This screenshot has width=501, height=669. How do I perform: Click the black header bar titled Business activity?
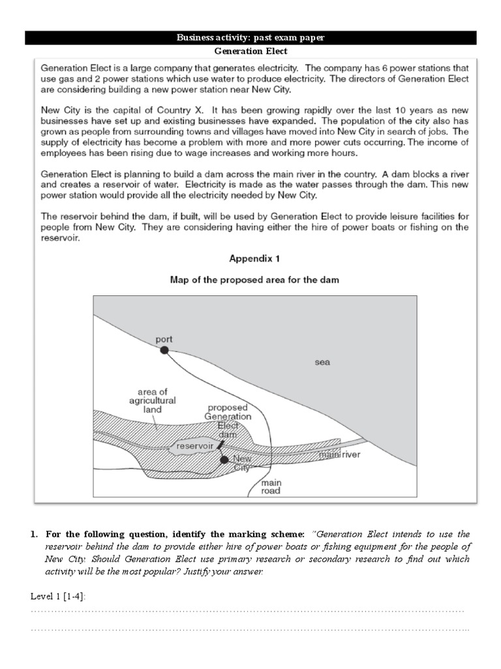click(x=250, y=38)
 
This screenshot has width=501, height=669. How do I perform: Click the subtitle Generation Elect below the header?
click(x=250, y=51)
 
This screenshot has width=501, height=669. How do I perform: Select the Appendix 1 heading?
click(x=254, y=258)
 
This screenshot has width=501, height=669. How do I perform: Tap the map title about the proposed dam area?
click(x=254, y=280)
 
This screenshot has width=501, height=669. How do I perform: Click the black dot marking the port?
click(x=164, y=350)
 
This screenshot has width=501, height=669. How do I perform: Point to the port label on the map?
click(x=164, y=339)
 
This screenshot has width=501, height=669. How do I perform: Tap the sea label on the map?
click(x=322, y=362)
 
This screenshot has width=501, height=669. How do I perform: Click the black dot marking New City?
click(x=224, y=460)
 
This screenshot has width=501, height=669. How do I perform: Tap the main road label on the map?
click(x=271, y=487)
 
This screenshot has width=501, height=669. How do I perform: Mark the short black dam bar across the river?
click(x=220, y=446)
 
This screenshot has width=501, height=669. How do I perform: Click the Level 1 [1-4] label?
click(x=58, y=596)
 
